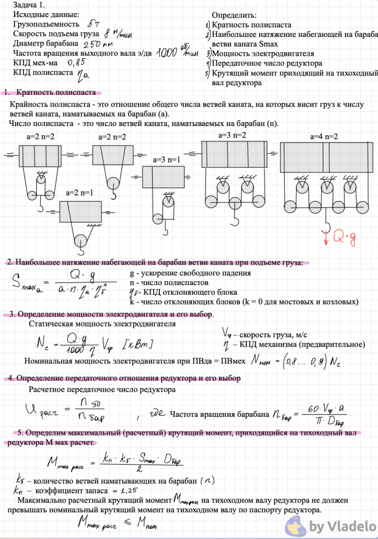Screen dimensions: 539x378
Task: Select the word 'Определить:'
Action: [234, 15]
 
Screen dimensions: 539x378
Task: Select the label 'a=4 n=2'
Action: [324, 137]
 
